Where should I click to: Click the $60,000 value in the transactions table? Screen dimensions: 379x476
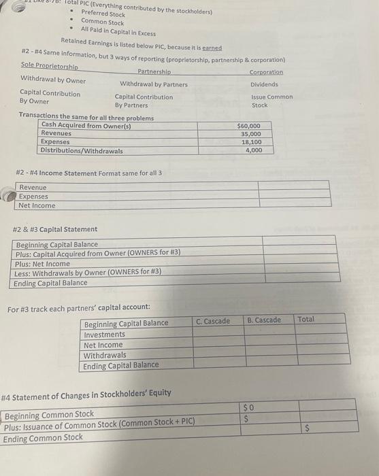click(248, 126)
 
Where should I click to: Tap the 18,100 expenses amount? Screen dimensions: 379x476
click(251, 142)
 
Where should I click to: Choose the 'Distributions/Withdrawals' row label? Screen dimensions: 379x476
click(82, 150)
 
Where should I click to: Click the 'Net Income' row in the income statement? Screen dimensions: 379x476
click(37, 205)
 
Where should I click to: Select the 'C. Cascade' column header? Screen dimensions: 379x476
click(213, 320)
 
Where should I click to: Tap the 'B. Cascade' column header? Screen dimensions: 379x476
click(264, 320)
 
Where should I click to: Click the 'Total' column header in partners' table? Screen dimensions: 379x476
click(306, 318)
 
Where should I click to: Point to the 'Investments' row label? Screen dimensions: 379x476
click(104, 334)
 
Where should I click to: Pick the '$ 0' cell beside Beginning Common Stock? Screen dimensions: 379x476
click(248, 407)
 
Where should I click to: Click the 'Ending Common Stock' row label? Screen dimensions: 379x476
click(43, 438)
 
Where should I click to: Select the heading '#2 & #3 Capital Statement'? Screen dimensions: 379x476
click(55, 229)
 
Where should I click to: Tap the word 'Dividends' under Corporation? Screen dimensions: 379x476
click(264, 84)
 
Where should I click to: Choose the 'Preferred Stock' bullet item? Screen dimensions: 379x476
click(103, 14)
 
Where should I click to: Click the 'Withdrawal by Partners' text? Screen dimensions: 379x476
click(154, 84)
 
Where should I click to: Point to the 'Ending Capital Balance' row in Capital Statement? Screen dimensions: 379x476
click(50, 283)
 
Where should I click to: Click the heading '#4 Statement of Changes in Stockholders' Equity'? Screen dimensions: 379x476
click(86, 393)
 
